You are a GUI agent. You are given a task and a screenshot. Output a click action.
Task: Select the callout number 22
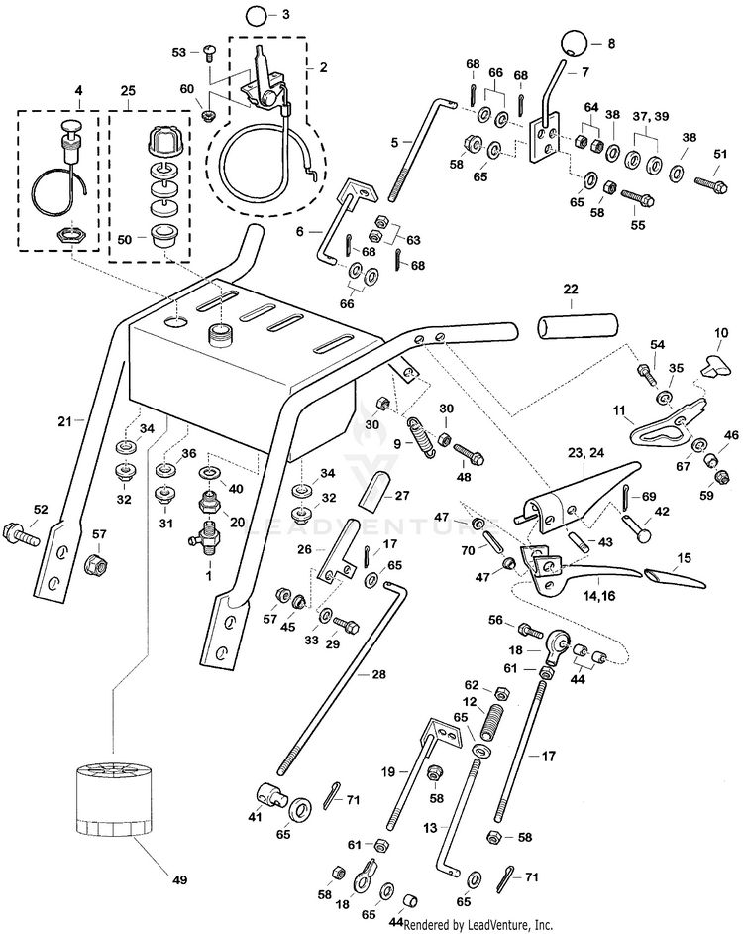point(569,289)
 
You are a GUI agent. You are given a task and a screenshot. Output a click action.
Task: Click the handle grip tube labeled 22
point(578,326)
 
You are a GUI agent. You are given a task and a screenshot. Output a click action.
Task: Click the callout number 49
point(178,878)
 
